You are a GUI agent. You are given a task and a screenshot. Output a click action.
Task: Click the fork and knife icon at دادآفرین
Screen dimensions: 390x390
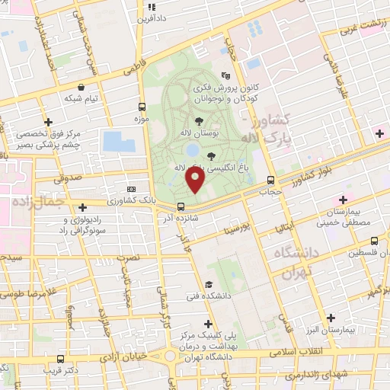click(151, 6)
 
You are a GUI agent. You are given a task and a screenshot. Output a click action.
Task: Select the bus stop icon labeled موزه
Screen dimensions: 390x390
click(142, 107)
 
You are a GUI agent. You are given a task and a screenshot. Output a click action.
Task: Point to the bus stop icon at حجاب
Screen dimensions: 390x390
click(271, 181)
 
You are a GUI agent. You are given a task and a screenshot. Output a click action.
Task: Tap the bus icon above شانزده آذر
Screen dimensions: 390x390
click(181, 206)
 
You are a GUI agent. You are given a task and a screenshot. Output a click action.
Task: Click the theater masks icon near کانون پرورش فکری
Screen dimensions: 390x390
click(225, 76)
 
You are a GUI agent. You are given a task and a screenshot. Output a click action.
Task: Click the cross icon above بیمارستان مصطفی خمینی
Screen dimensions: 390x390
click(331, 200)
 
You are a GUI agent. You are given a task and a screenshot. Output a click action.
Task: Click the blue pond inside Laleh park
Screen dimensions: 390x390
click(193, 150)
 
